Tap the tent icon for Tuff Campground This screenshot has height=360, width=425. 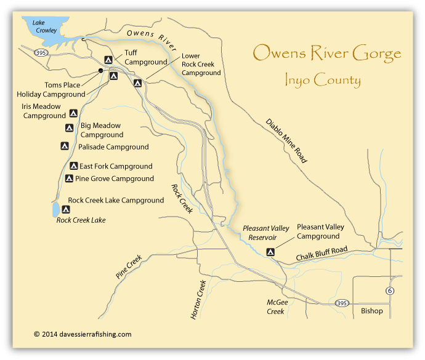(x=108, y=60)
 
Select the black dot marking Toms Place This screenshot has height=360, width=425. (x=100, y=71)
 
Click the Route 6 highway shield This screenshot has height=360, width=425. (x=389, y=290)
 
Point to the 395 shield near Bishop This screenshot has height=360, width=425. (x=342, y=303)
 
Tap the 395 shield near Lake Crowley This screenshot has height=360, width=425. (x=40, y=52)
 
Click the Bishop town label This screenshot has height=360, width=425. (x=371, y=311)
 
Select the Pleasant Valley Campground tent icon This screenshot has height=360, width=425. (x=270, y=251)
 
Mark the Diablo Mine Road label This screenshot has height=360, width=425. (x=286, y=140)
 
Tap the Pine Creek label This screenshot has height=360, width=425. (x=129, y=266)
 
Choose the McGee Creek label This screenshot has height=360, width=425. (x=275, y=307)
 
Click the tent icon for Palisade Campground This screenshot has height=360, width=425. (x=65, y=146)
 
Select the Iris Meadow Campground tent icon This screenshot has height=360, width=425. (x=73, y=113)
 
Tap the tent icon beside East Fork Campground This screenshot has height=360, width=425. (x=73, y=166)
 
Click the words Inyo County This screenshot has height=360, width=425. (x=323, y=80)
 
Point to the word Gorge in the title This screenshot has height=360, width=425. (x=374, y=54)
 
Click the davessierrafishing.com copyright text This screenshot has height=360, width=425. (x=83, y=334)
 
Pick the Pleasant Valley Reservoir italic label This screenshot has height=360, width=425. (x=266, y=232)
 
